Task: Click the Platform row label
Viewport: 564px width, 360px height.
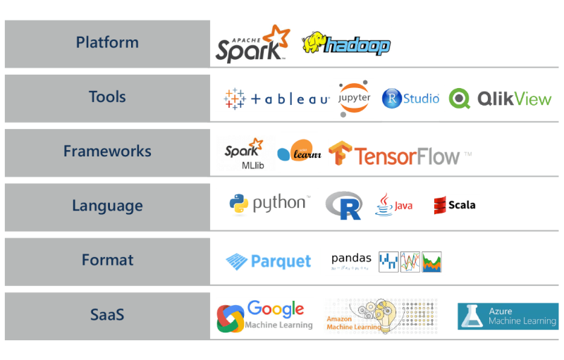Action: click(107, 42)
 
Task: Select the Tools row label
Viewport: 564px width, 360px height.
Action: click(107, 97)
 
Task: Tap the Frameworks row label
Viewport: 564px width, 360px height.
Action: click(107, 151)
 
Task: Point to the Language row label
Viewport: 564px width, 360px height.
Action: click(107, 206)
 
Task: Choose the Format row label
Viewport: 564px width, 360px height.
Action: click(107, 260)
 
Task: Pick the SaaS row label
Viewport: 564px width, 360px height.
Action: click(107, 314)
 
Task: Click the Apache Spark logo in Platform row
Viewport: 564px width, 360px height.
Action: click(252, 44)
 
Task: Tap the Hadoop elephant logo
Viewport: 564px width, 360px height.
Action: click(346, 44)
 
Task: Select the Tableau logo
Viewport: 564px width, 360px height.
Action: click(273, 99)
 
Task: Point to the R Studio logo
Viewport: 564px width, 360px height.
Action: click(410, 99)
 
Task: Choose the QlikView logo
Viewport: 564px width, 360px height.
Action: click(501, 99)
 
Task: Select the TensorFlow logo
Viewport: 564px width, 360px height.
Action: click(400, 154)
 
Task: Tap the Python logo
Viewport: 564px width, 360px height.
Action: click(267, 205)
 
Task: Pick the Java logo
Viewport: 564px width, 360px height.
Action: click(394, 206)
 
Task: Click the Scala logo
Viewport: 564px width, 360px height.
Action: click(455, 206)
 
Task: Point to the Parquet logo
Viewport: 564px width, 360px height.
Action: click(268, 261)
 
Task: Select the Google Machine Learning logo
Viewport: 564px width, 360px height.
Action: click(265, 316)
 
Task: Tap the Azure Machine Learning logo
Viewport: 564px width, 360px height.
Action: click(508, 316)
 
